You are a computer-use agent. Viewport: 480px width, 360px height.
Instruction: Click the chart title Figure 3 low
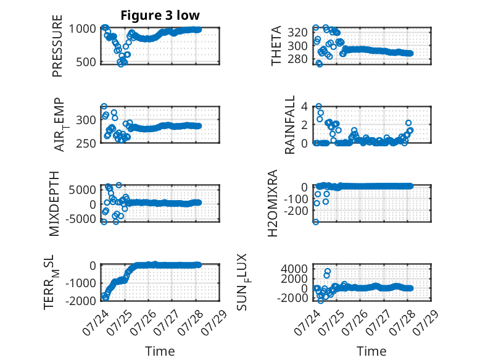(160, 15)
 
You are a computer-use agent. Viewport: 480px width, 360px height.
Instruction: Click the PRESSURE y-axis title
(57, 46)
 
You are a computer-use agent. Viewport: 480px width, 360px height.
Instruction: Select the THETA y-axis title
(276, 46)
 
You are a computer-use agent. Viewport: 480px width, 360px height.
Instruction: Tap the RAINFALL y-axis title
(289, 124)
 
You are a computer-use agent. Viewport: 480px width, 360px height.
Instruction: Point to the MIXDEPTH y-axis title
(54, 203)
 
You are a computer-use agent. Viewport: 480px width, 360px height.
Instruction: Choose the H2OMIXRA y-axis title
(273, 203)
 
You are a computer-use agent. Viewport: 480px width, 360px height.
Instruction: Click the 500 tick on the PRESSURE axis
(86, 62)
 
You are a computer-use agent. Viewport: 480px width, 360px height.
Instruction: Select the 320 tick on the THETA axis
(297, 32)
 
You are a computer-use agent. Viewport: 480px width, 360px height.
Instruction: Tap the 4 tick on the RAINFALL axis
(304, 107)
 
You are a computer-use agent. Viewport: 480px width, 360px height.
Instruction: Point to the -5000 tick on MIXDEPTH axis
(80, 219)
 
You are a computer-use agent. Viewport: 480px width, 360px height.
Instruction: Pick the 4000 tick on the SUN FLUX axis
(294, 269)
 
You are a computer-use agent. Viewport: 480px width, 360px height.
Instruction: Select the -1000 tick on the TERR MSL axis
(80, 283)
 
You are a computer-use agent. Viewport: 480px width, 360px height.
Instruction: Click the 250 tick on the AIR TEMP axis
(86, 143)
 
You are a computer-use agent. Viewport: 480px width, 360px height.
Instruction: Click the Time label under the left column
(160, 351)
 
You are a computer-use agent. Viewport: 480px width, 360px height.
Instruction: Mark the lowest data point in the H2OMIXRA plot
(316, 222)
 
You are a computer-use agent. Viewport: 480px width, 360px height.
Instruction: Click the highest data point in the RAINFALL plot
(319, 106)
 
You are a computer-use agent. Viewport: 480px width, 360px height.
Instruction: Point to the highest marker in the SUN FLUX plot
(328, 271)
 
